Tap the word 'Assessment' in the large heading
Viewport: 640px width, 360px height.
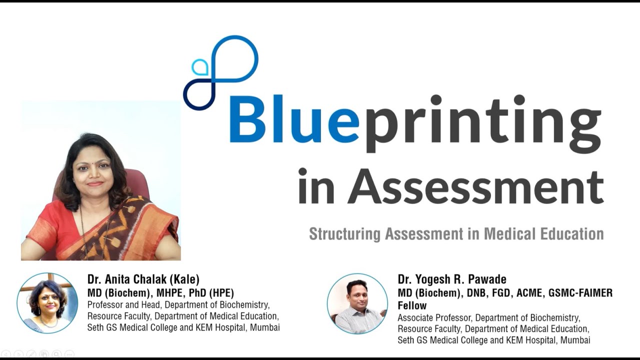475,186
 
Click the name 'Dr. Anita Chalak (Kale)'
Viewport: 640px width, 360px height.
143,279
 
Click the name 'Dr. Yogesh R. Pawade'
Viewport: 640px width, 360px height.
452,279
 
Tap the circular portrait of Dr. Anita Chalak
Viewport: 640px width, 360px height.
47,303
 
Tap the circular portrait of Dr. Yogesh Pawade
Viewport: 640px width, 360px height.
357,303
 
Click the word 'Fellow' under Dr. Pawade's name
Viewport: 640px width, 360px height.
412,305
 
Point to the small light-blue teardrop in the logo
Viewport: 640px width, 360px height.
200,67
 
